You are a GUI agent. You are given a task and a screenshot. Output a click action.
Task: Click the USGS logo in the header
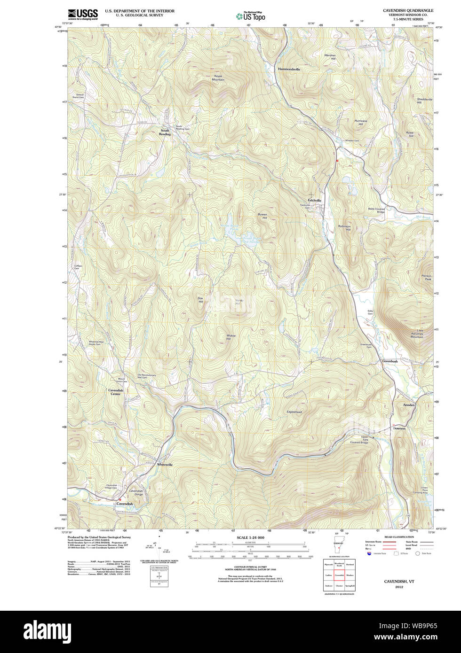click(x=83, y=14)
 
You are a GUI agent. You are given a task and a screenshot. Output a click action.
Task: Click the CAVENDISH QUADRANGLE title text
click(x=408, y=10)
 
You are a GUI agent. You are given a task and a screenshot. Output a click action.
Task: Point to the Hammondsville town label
click(x=289, y=69)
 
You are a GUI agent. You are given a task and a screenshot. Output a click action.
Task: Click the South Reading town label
click(x=165, y=132)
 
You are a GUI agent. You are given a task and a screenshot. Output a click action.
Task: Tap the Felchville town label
click(x=311, y=201)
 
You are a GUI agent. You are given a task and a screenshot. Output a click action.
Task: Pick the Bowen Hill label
click(x=262, y=217)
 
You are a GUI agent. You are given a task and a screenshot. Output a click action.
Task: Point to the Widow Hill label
click(x=231, y=337)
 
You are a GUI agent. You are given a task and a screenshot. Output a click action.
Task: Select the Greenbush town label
click(x=390, y=361)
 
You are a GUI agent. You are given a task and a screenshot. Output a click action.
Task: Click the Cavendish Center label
click(x=116, y=392)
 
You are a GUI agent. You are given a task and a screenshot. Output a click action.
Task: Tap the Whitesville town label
click(x=165, y=465)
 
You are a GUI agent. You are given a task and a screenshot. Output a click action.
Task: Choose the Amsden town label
click(x=408, y=404)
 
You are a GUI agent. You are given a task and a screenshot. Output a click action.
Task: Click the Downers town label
click(x=399, y=428)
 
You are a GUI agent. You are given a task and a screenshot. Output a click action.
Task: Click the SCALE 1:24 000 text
click(x=250, y=537)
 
